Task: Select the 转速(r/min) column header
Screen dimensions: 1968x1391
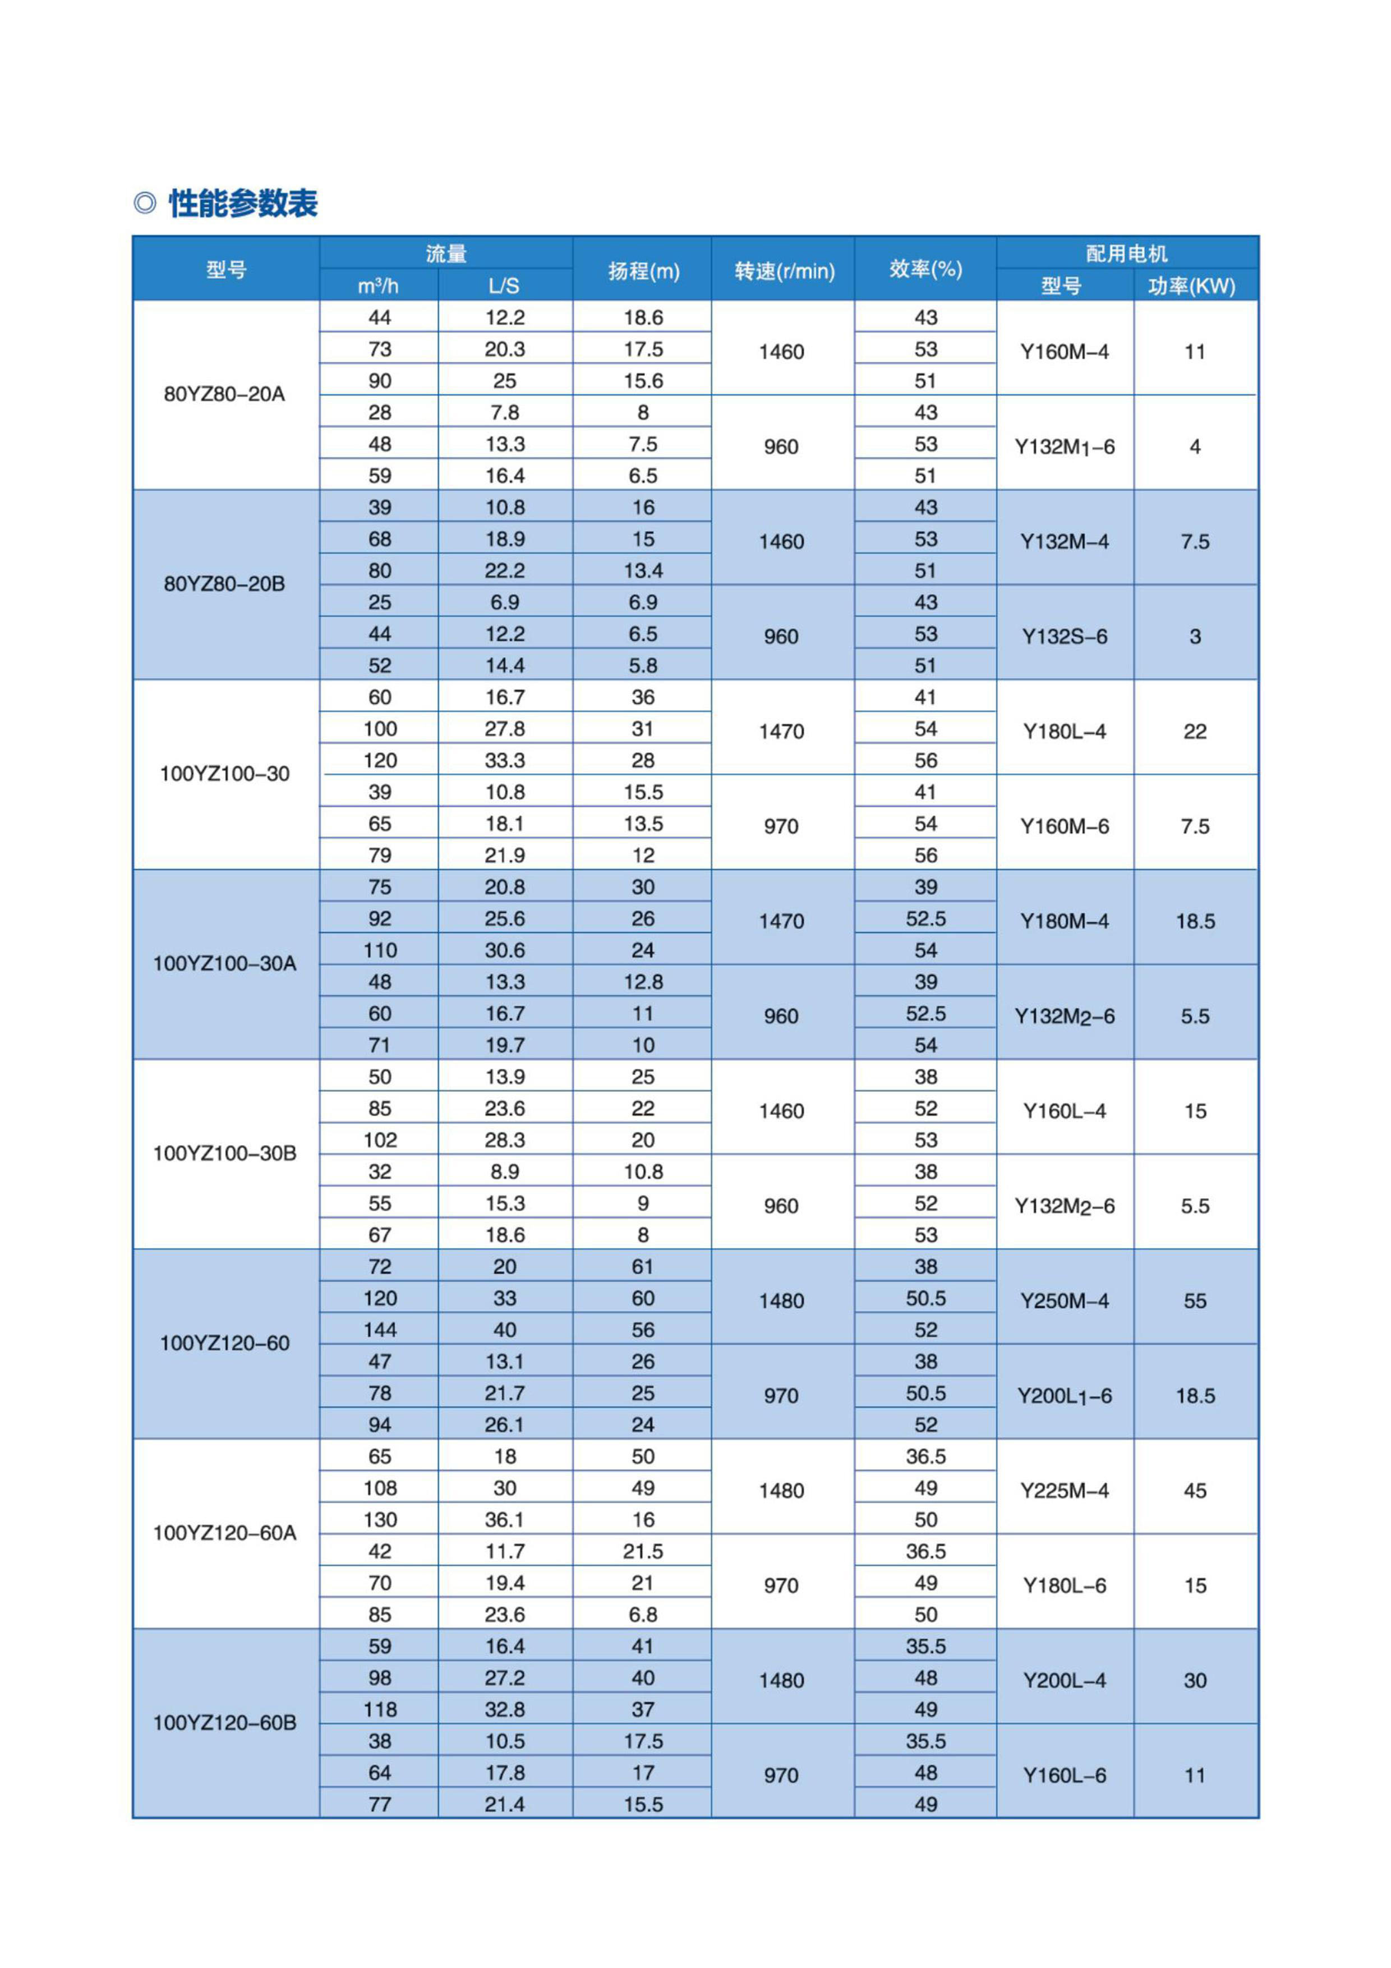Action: coord(784,271)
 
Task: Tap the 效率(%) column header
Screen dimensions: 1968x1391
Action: coord(925,269)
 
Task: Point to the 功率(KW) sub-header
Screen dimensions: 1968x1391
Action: coord(1191,286)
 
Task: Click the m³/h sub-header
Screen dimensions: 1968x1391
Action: coord(378,286)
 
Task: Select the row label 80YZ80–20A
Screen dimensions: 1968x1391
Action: coord(224,394)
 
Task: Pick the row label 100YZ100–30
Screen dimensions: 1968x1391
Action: coord(224,774)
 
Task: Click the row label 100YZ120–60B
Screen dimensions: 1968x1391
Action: coord(224,1723)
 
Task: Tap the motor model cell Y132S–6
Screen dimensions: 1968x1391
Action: coord(1065,637)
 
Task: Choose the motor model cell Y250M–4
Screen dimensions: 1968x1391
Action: coord(1065,1301)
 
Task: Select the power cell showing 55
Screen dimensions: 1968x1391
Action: coord(1195,1301)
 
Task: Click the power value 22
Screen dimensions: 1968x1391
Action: coord(1195,732)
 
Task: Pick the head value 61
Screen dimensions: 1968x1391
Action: coord(643,1267)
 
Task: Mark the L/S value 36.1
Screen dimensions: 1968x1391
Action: coord(505,1520)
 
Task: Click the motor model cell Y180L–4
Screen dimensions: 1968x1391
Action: coord(1065,732)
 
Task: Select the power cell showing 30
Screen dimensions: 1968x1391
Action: coord(1195,1681)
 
